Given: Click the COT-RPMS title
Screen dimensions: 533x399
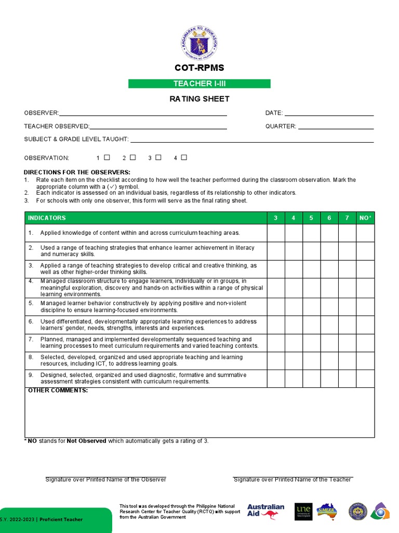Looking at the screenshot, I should point(199,68).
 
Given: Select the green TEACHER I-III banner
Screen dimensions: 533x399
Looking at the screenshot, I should point(199,84).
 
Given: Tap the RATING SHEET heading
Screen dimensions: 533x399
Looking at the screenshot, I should point(199,99).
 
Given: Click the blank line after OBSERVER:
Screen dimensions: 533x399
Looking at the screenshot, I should point(143,113).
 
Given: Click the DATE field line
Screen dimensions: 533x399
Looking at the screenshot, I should point(329,113).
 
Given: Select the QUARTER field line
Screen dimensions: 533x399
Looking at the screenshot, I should point(336,126).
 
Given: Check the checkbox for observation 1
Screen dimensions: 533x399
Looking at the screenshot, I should point(107,157).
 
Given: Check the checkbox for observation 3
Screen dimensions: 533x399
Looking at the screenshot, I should point(158,157).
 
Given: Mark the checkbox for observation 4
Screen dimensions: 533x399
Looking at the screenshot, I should point(184,157).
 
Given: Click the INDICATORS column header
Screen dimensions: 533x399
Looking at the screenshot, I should point(47,218).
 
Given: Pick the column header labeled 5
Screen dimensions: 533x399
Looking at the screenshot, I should point(311,218).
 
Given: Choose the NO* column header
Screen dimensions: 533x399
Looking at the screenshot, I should point(365,218).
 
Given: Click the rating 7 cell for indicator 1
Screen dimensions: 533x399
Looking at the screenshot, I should point(347,233).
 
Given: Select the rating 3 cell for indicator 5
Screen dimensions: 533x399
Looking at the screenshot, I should point(276,307).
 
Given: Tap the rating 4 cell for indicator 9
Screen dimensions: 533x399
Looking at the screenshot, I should point(294,378).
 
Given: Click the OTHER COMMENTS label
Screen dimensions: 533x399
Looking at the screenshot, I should point(58,390).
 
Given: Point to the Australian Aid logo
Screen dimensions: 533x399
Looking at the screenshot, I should point(265,511).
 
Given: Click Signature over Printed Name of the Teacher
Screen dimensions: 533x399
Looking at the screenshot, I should point(292,479).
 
